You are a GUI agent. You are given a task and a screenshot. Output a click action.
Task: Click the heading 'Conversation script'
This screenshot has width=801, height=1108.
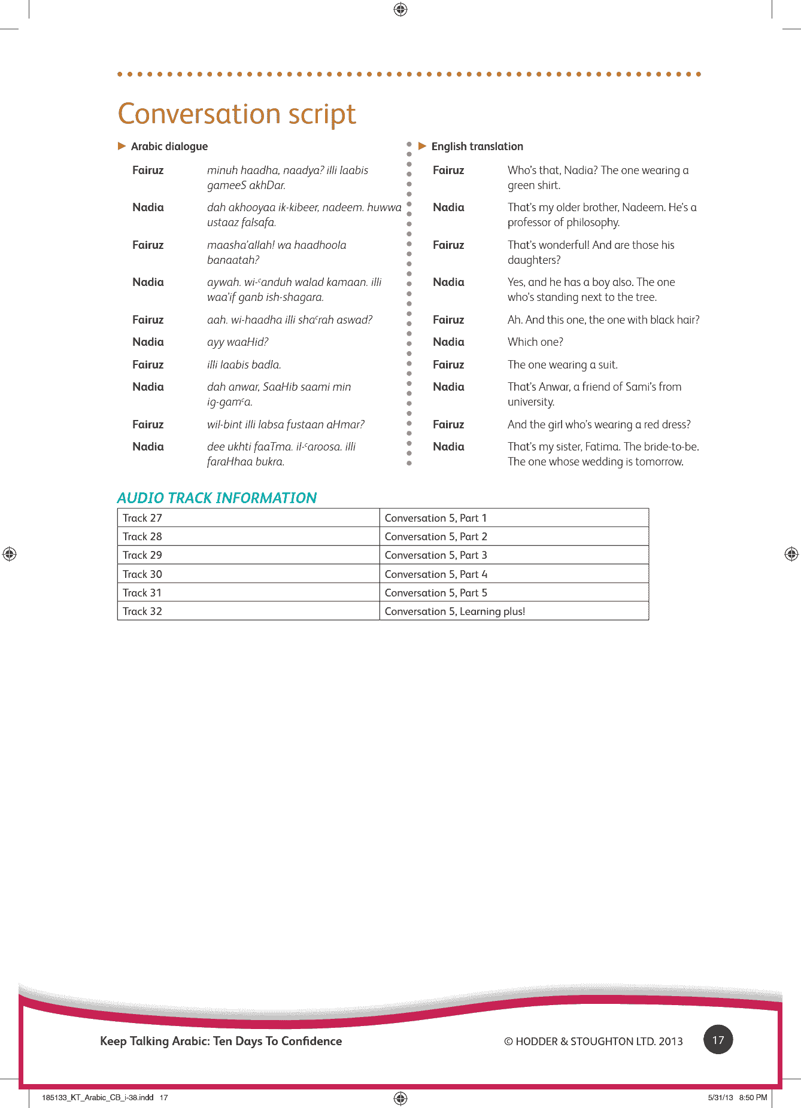click(x=236, y=114)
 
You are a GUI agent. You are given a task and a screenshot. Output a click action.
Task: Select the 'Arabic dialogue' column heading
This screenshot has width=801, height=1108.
click(x=169, y=147)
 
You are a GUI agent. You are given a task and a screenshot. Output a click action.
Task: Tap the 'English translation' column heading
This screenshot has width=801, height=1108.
click(x=477, y=147)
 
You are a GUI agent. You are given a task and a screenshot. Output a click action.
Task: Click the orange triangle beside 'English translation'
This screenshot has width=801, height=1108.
click(x=422, y=146)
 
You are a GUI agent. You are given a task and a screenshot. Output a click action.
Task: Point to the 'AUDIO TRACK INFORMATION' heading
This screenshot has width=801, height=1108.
click(x=217, y=498)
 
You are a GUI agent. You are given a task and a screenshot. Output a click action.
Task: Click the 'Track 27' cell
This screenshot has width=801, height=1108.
click(x=142, y=518)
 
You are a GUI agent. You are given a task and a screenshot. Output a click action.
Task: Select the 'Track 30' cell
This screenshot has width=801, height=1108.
click(x=142, y=574)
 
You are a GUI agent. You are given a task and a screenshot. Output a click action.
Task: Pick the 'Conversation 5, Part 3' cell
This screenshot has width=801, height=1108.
click(x=436, y=555)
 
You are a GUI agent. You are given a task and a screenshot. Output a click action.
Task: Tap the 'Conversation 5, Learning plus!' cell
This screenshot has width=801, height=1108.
click(x=454, y=611)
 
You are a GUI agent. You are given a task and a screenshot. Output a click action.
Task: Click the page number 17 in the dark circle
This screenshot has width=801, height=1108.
click(x=718, y=1040)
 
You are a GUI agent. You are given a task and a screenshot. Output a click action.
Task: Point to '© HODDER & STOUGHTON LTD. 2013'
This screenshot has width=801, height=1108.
click(x=593, y=1042)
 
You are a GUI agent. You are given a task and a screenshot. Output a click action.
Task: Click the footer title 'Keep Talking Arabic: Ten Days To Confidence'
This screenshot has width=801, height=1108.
click(x=221, y=1041)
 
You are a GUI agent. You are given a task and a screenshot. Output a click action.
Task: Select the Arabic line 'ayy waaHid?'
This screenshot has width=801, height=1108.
click(x=238, y=342)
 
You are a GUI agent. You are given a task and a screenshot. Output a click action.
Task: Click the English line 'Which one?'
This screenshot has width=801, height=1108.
click(x=535, y=342)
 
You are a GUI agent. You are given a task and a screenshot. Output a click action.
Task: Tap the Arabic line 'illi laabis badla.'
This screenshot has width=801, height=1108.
click(x=244, y=365)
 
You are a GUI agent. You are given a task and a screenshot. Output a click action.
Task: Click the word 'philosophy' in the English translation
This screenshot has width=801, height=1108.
click(x=592, y=223)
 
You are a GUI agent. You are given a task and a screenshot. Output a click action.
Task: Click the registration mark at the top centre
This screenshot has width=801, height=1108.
click(x=400, y=10)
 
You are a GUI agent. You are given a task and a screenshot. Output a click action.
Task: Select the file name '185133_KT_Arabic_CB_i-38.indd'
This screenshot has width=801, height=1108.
click(x=98, y=1097)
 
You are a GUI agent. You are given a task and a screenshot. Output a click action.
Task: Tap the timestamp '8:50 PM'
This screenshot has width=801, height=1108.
click(x=753, y=1097)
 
